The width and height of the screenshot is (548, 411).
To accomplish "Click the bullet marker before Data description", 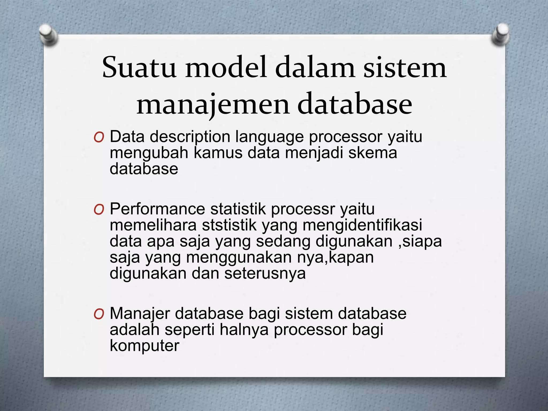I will [x=99, y=138].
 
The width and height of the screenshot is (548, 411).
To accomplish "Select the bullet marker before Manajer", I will [x=99, y=314].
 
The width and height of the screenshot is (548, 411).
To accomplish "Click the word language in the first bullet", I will [x=269, y=137].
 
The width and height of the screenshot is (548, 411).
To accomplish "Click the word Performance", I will [x=157, y=209].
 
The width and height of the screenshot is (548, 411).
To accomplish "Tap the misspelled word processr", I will [x=303, y=209].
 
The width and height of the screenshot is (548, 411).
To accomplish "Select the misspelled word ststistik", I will [x=229, y=225].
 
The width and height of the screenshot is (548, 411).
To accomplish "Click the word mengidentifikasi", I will [x=362, y=225].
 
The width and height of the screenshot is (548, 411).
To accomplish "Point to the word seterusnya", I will [x=265, y=273].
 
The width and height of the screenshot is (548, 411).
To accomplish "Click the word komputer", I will [x=144, y=346].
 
